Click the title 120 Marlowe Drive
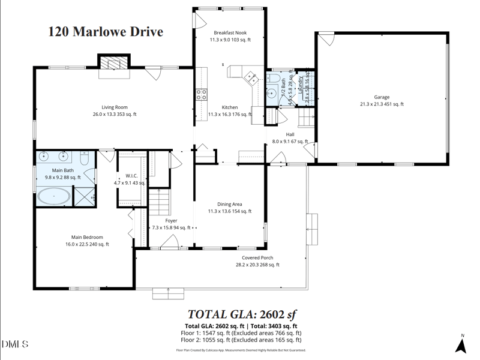[106, 32]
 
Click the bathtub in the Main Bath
[55, 196]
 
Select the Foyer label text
[171, 224]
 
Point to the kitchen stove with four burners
[201, 94]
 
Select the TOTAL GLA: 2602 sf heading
[242, 314]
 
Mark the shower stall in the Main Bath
[85, 196]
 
